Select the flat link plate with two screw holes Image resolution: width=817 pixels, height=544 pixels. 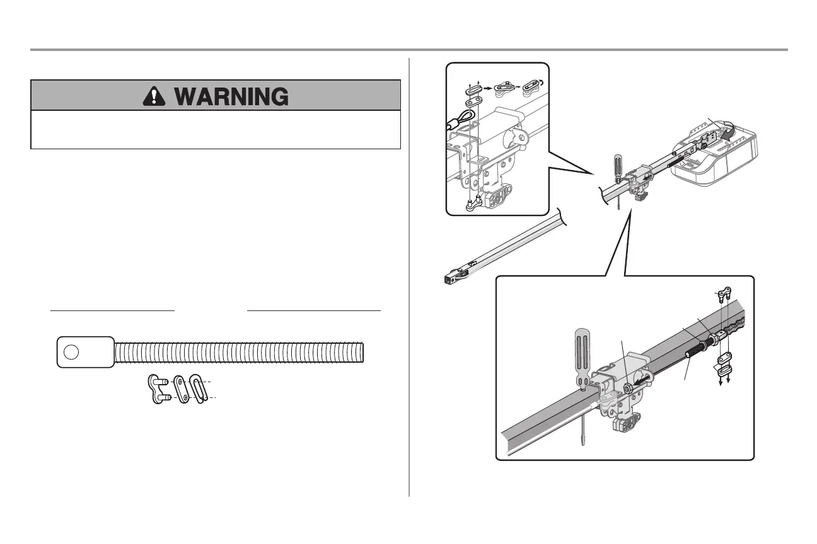(181, 391)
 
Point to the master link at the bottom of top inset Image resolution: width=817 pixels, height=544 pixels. (474, 203)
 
